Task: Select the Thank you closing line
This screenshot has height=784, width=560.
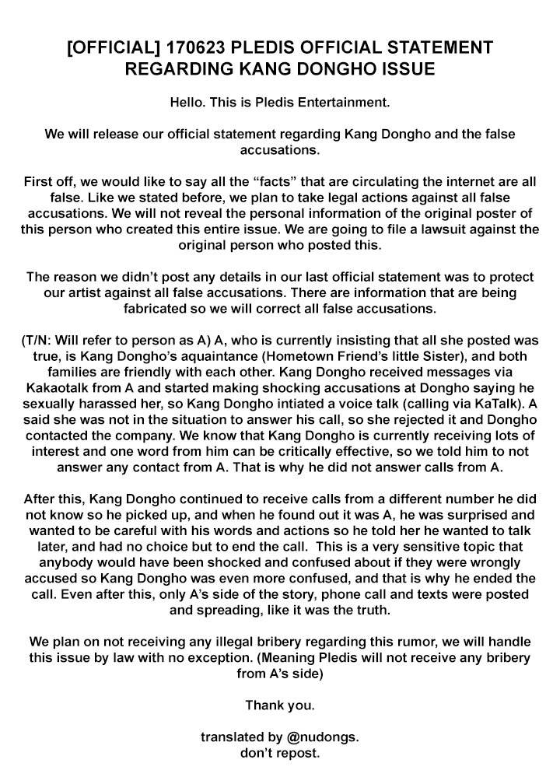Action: [279, 705]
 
